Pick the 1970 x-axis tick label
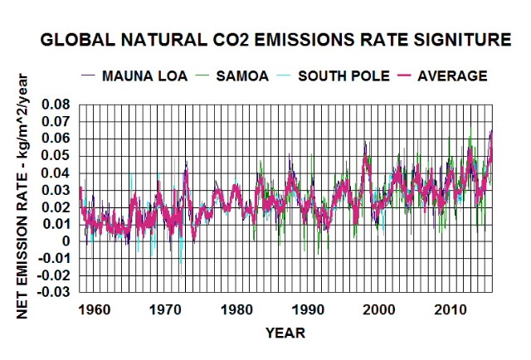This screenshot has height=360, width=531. pos(165,309)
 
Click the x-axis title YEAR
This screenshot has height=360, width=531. pos(285,333)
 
